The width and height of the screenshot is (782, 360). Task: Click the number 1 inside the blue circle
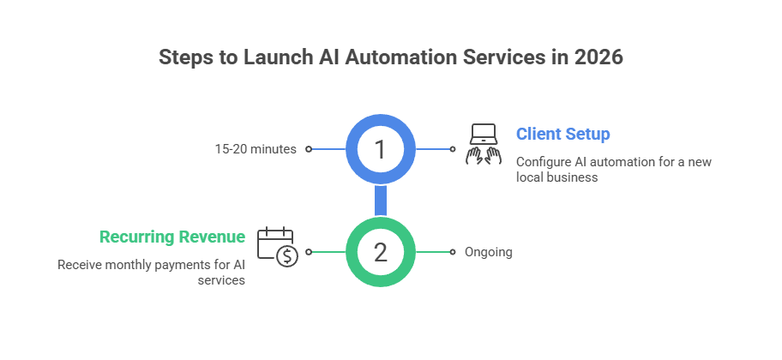pos(380,149)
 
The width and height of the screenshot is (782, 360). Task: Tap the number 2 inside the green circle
pos(380,252)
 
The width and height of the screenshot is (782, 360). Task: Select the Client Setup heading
pos(562,135)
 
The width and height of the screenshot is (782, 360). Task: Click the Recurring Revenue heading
pos(171,237)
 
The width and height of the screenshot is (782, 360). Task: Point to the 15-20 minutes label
pos(256,149)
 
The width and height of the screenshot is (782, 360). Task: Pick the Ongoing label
pos(489,252)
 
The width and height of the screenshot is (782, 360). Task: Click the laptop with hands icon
pos(484,143)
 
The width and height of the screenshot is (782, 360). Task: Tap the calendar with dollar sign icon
pos(277,247)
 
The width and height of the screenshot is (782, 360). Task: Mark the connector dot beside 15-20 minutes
pos(308,149)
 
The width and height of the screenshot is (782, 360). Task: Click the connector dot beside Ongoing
pos(452,252)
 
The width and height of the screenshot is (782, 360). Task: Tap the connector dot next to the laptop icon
pos(452,149)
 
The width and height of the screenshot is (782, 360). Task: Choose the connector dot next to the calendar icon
pos(308,252)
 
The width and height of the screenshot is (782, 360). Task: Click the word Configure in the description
pos(543,162)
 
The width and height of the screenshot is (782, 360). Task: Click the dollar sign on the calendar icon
pos(287,256)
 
